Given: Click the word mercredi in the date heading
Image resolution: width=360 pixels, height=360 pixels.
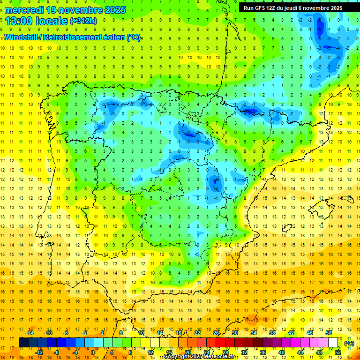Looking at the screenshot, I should coord(24,10).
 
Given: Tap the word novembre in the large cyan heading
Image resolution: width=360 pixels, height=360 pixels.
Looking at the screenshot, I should coord(80,10).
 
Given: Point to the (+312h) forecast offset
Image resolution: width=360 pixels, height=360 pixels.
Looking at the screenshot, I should coord(83,21).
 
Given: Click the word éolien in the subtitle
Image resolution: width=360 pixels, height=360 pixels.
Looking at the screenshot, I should coord(115,37).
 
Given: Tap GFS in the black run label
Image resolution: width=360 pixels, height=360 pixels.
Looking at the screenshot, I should coord(259,8).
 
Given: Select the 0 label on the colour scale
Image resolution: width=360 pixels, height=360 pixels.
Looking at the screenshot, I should coord(93,352).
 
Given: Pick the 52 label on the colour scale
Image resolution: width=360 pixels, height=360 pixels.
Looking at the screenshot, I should coord(338,352).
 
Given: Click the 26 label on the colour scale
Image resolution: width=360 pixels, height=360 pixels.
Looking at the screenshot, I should coord(216,333).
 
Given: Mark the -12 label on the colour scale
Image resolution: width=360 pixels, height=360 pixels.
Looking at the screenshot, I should coord(39,352).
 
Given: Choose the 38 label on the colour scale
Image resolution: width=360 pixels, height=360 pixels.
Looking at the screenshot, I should coord(272,333).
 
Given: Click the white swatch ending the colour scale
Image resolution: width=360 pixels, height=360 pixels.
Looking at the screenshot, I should coord(333,343).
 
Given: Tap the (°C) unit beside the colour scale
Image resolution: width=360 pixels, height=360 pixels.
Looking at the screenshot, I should coord(349,343).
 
